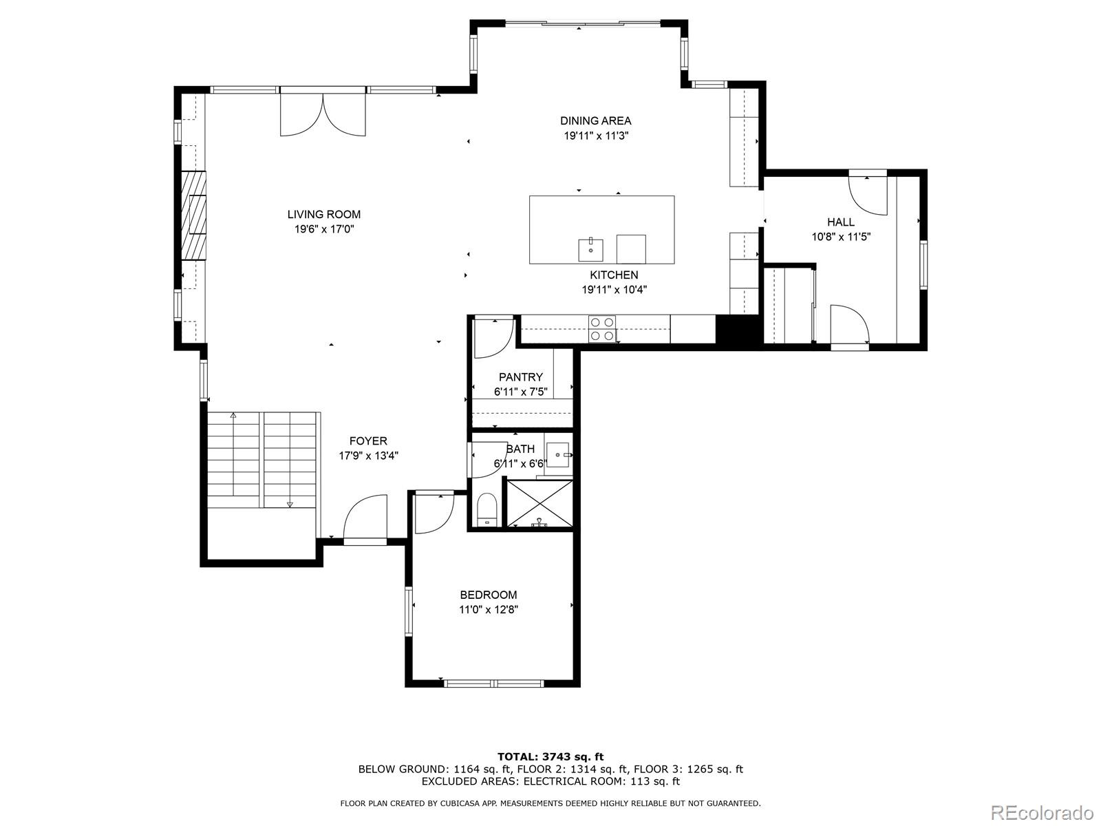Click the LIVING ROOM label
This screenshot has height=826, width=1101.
coord(323,215)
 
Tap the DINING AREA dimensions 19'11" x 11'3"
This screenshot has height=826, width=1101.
coord(596,136)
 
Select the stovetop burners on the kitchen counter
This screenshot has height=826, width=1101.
coord(602,328)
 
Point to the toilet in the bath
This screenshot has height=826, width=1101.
coord(487,509)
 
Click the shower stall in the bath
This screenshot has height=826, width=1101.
coord(540,504)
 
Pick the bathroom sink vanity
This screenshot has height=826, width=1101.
coord(558,455)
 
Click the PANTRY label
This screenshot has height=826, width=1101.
coord(520,377)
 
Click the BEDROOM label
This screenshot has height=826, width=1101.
coord(489,595)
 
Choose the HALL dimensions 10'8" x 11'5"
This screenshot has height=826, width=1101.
coord(841,237)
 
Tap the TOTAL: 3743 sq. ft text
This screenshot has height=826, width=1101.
coord(550,756)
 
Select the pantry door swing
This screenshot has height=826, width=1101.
coord(492,338)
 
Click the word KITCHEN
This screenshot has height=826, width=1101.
coord(614,275)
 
